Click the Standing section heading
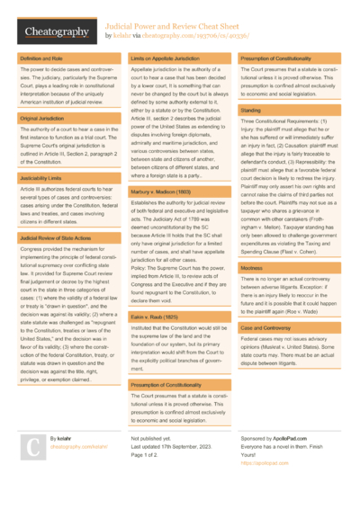coord(249,109)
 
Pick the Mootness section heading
coord(251,267)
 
